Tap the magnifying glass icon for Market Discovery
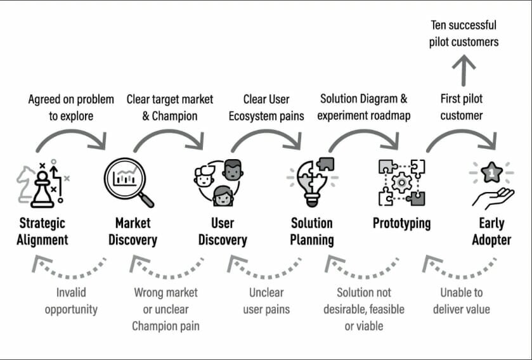(129, 182)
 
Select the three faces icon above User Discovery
(219, 182)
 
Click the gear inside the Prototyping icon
(402, 183)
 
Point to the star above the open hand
(491, 171)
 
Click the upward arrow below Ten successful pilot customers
(467, 70)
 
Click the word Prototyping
(401, 223)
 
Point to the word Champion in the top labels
(174, 116)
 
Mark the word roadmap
(393, 116)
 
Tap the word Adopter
(492, 240)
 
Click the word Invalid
(71, 293)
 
